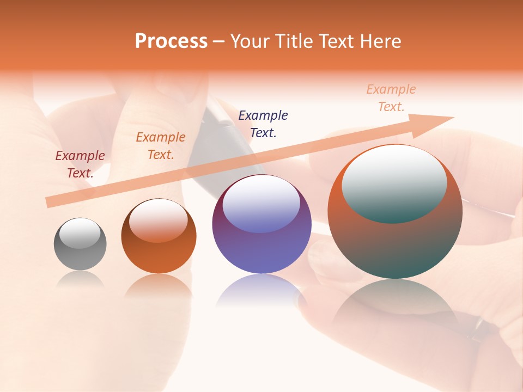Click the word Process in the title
tap(171, 41)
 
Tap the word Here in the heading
tap(381, 41)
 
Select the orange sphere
tap(159, 256)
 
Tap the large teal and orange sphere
tap(395, 245)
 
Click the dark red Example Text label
tap(80, 164)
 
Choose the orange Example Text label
tap(161, 146)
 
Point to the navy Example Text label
tap(263, 124)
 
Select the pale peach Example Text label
tap(391, 98)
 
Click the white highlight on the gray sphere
tap(80, 233)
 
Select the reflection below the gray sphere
tap(80, 280)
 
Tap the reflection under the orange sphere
tap(159, 286)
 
